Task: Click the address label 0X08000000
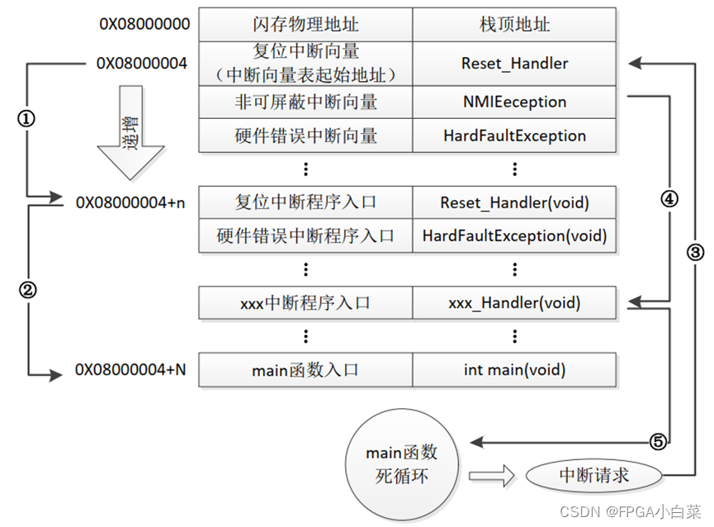coord(144,24)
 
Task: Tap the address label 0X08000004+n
coord(130,202)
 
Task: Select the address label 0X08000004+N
coord(130,369)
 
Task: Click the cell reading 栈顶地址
coord(514,24)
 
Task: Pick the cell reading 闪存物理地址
coord(305,24)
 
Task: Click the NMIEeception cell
coord(514,102)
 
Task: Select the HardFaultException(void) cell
coord(514,236)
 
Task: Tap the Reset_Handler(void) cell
coord(514,202)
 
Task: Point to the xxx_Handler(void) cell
coord(514,303)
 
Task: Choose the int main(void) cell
coord(514,370)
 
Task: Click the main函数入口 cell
coord(305,370)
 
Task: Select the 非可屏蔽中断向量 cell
coord(305,102)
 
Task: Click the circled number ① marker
coord(26,119)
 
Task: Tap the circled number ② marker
coord(27,290)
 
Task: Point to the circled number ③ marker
coord(695,252)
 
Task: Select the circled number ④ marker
coord(669,198)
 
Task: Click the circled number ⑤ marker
coord(658,441)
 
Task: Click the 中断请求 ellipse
coord(593,476)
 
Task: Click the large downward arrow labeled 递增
coord(130,132)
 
